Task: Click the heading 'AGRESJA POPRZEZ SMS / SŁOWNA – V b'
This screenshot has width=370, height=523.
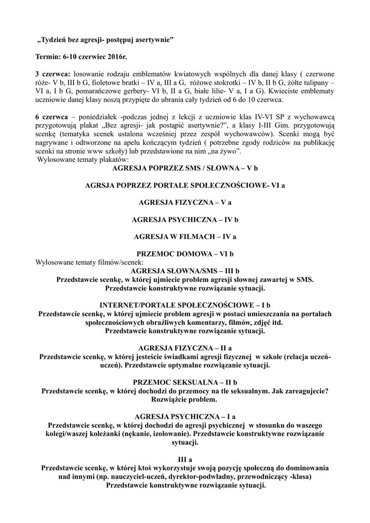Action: click(185, 168)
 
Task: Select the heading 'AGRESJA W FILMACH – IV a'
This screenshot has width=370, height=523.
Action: click(185, 237)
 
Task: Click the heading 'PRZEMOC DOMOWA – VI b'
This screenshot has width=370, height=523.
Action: click(185, 254)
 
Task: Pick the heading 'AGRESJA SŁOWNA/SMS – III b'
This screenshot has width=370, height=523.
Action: click(185, 271)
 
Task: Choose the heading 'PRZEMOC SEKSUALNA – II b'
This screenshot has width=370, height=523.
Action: click(185, 382)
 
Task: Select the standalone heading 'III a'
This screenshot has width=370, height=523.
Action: click(185, 459)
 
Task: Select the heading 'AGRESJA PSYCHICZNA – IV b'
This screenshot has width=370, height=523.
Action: click(185, 220)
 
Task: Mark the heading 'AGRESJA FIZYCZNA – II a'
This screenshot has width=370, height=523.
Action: click(185, 348)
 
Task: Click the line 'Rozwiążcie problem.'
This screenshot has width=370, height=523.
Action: click(185, 399)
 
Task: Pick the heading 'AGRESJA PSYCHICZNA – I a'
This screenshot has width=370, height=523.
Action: click(185, 416)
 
